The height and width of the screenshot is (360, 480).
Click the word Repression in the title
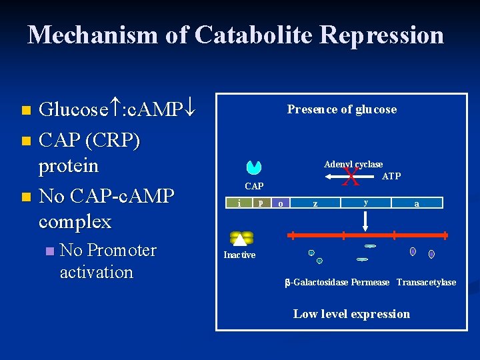pos(382,35)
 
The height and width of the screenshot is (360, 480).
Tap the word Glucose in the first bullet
pos(75,108)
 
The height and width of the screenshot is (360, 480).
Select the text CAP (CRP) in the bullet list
pos(89,141)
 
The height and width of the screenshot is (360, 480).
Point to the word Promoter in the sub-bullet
pos(122,250)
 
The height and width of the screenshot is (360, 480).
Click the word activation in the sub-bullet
pos(96,272)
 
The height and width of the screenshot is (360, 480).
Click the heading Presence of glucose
pos(341,109)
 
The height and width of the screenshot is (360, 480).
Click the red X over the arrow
pos(351,176)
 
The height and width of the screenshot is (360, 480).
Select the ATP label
pos(391,177)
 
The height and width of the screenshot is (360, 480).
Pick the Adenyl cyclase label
pos(353,164)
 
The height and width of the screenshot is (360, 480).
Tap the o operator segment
pos(281,203)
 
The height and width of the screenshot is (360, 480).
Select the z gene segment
pos(315,203)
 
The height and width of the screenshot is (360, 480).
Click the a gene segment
pos(417,203)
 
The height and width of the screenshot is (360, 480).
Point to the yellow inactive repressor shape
pos(241,238)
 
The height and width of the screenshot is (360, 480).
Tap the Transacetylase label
pos(426,283)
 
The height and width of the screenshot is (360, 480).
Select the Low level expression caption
pos(351,314)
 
